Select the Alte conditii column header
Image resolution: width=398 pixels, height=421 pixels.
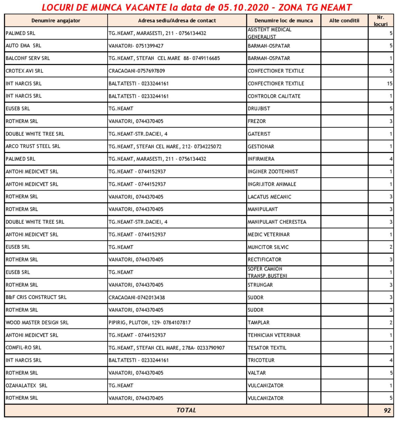344,21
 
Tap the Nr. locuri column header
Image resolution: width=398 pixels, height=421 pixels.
381,21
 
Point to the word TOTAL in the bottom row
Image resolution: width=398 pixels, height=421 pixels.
186,410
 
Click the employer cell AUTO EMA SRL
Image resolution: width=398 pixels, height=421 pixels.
23,46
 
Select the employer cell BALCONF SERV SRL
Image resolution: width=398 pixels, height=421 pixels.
28,58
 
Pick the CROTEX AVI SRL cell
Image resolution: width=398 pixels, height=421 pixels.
25,71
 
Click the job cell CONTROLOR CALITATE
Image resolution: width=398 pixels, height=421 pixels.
274,96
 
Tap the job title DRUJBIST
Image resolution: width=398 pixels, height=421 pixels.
259,109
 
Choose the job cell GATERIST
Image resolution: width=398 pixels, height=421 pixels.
259,134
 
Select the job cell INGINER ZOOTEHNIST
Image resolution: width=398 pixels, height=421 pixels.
273,171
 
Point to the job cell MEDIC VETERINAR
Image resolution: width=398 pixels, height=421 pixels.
269,234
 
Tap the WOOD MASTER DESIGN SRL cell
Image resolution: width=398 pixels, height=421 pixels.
37,323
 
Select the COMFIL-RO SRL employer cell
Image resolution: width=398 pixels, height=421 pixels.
23,348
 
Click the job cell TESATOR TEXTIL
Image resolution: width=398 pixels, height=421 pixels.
267,348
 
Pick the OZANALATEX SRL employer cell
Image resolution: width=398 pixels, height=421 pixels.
26,386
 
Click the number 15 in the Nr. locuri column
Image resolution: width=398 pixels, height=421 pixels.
389,83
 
